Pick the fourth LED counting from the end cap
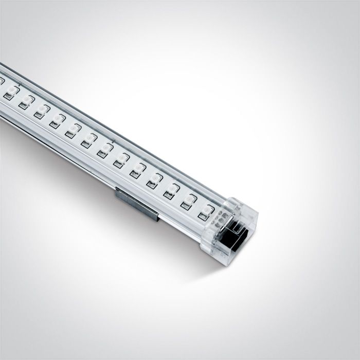point(154,179)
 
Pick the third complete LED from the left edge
point(41,111)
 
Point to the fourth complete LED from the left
point(56,120)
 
